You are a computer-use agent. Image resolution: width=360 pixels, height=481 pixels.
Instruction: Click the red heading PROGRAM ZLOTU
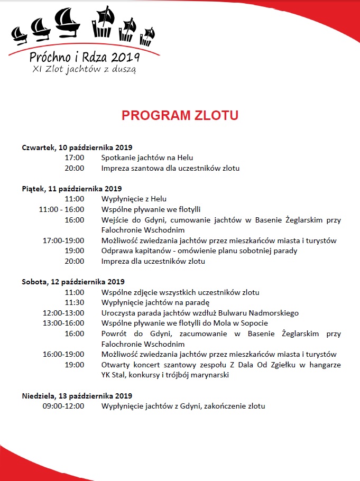180,116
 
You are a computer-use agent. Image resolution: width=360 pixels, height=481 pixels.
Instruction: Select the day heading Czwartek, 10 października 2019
77,147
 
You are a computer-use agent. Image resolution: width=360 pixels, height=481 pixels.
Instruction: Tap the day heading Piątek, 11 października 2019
72,189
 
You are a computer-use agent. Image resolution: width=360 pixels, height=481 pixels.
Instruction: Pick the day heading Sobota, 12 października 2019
73,282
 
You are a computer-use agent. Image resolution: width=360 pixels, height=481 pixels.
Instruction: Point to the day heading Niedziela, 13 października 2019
77,395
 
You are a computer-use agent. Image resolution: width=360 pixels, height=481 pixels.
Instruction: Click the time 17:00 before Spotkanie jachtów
74,158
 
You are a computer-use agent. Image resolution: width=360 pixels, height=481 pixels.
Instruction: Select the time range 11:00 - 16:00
61,209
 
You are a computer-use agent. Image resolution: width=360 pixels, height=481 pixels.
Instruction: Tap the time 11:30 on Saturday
74,302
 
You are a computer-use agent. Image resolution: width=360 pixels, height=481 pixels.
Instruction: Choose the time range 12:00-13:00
63,313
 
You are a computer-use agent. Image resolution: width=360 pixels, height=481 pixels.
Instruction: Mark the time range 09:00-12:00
63,406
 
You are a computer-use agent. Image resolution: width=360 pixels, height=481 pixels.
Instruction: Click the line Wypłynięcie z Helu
134,199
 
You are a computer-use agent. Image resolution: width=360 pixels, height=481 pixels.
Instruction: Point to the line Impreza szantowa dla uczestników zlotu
170,168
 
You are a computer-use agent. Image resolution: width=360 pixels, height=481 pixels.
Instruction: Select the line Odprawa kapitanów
199,251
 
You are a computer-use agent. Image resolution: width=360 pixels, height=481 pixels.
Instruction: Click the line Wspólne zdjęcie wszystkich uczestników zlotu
180,292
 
